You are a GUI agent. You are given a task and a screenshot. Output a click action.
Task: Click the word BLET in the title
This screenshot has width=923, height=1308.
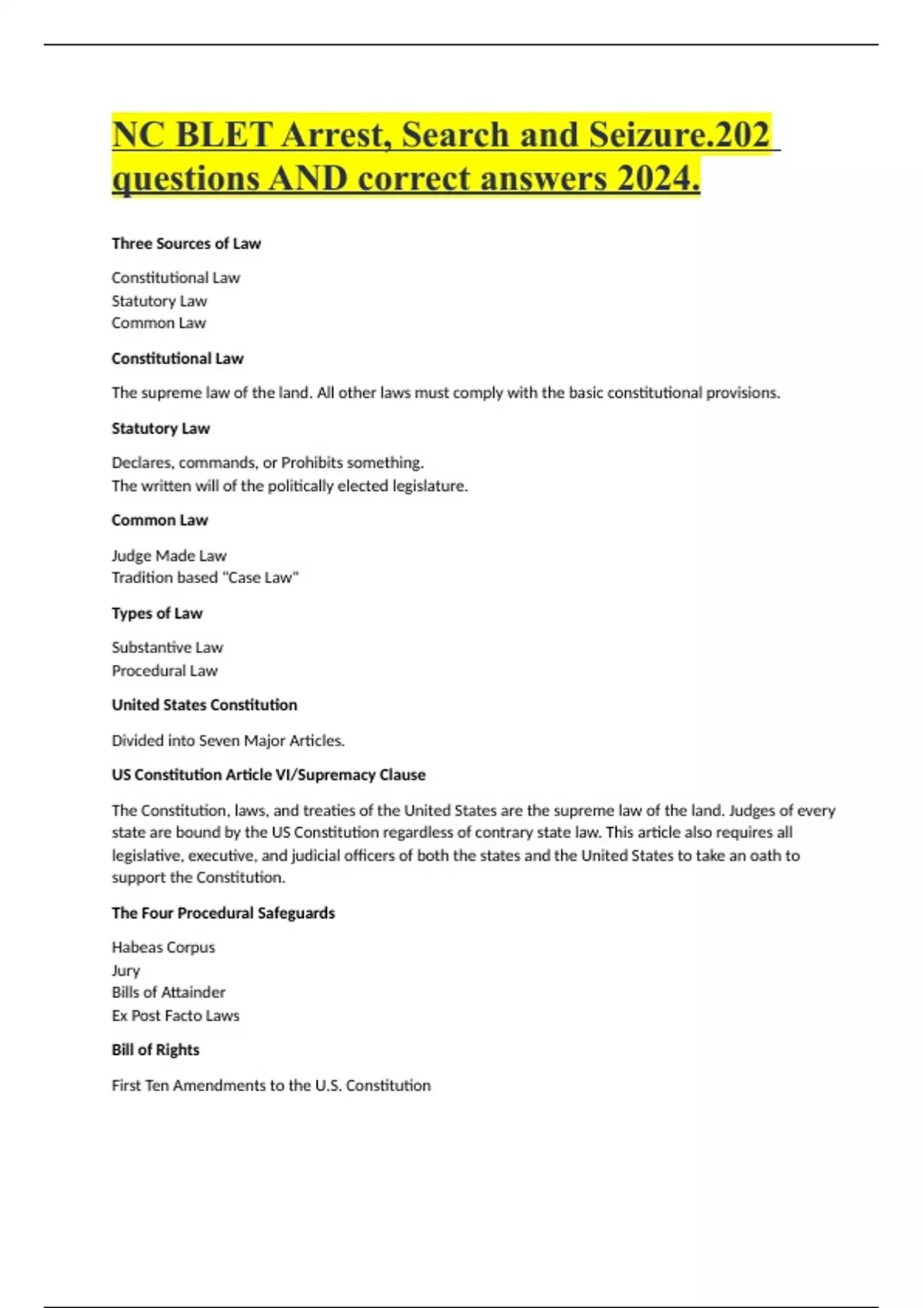(x=224, y=135)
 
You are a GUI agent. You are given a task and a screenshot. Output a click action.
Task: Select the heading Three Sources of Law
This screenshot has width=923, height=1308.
(x=186, y=244)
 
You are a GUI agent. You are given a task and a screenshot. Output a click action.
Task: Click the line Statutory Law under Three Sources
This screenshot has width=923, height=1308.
(x=159, y=301)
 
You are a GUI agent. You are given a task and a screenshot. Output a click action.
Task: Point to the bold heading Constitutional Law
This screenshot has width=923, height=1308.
(x=177, y=359)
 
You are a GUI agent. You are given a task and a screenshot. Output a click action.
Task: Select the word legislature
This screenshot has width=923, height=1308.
(x=428, y=486)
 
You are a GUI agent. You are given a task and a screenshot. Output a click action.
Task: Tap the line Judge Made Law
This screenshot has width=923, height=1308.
(x=168, y=556)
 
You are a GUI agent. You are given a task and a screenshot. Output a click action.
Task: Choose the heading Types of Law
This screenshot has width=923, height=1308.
(x=157, y=613)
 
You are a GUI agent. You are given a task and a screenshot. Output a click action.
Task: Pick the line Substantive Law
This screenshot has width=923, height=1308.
(x=167, y=648)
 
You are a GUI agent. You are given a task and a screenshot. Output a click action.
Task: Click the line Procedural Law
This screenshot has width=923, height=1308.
(x=165, y=671)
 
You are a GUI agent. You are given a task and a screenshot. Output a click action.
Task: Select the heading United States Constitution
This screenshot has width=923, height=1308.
(x=204, y=705)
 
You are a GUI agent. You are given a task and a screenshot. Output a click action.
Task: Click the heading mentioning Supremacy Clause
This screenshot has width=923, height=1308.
(x=268, y=775)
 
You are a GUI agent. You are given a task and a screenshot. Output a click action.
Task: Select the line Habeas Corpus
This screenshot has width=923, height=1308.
(x=163, y=947)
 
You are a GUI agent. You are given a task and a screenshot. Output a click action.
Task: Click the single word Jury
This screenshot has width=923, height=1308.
(x=125, y=970)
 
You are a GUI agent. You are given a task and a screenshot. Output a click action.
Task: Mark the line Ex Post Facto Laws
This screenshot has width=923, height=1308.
(x=175, y=1016)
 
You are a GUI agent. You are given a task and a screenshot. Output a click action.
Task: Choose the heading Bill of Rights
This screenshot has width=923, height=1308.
(x=155, y=1050)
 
